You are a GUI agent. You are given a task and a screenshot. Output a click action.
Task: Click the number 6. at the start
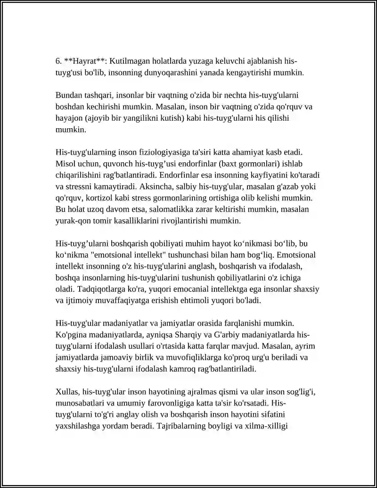[x=58, y=61]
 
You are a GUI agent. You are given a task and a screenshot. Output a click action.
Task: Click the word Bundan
[x=67, y=95]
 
